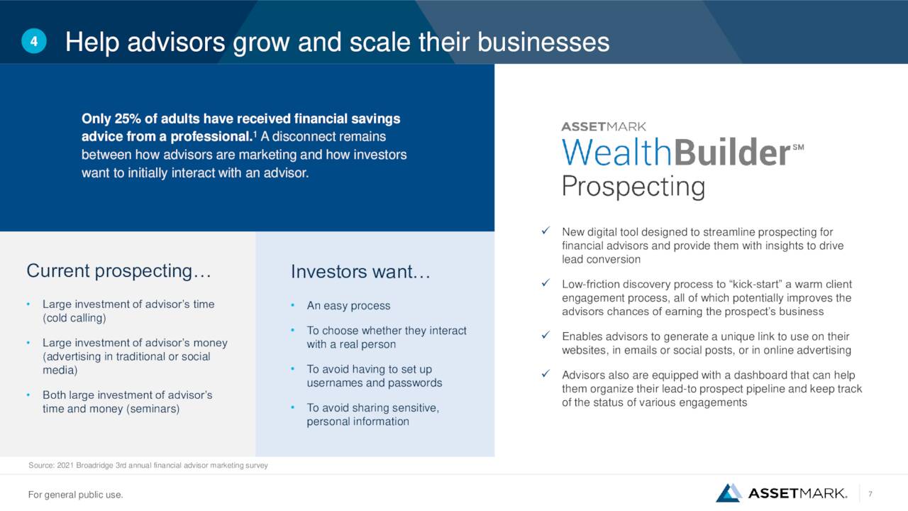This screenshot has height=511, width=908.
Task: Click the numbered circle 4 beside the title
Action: point(34,41)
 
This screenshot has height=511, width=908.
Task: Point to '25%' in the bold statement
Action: point(128,119)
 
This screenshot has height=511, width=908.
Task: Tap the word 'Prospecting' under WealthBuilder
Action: point(633,187)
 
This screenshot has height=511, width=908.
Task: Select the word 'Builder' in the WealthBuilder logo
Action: point(731,152)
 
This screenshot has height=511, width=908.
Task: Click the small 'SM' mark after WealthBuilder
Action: point(798,147)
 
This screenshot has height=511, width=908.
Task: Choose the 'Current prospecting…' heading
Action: point(118,271)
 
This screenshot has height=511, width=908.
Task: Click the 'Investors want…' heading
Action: point(360,271)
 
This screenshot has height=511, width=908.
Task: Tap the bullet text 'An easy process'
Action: point(348,305)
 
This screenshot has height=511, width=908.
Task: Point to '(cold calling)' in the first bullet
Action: point(74,318)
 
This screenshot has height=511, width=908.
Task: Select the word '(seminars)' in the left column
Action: point(153,408)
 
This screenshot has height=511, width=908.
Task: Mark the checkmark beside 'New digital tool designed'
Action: point(546,231)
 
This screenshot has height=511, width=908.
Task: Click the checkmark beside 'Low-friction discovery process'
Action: point(546,282)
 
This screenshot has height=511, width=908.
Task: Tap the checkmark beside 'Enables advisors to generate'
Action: point(546,335)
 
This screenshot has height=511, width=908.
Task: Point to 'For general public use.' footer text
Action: point(75,495)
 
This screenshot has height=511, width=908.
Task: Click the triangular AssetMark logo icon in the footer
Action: point(729,493)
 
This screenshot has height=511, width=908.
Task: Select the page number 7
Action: point(870,494)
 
